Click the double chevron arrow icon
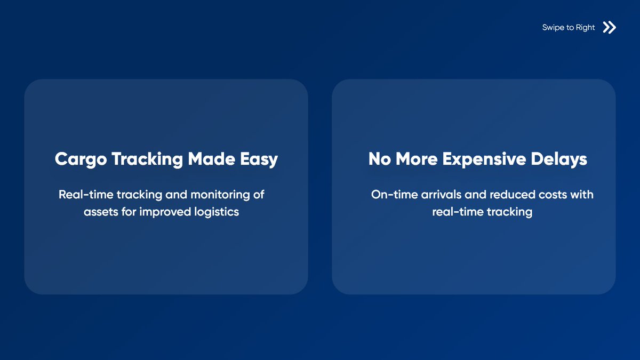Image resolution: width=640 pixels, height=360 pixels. coord(609,28)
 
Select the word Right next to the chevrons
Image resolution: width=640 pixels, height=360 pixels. coord(585,28)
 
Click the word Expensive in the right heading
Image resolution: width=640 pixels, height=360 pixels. coord(482,159)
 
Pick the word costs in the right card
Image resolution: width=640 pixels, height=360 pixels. coord(550,195)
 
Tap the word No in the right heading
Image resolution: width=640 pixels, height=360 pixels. coord(379,159)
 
